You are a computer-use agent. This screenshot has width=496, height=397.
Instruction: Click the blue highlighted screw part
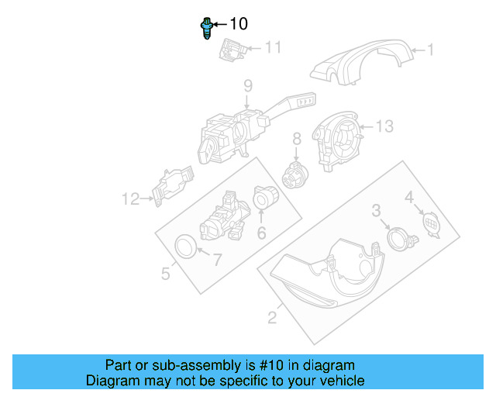(207, 29)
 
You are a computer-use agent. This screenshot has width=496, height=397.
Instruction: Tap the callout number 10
(239, 25)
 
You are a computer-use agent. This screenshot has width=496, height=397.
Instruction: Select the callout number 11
(272, 48)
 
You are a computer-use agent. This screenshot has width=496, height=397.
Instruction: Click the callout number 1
(432, 52)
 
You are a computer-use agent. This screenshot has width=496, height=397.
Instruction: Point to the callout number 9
(247, 86)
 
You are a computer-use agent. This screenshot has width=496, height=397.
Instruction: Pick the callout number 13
(385, 126)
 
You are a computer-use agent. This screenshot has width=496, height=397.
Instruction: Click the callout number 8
(296, 140)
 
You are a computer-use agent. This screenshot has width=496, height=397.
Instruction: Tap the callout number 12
(129, 199)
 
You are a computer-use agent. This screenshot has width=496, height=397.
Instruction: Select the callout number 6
(261, 233)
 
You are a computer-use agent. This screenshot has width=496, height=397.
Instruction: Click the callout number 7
(217, 261)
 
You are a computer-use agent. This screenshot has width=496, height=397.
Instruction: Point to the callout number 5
(165, 273)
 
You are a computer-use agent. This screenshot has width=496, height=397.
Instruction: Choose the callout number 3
(376, 210)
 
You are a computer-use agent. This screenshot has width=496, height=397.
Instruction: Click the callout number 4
(409, 198)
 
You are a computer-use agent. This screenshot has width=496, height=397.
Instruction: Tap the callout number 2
(272, 316)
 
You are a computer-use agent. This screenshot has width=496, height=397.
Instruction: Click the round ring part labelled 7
(185, 246)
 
